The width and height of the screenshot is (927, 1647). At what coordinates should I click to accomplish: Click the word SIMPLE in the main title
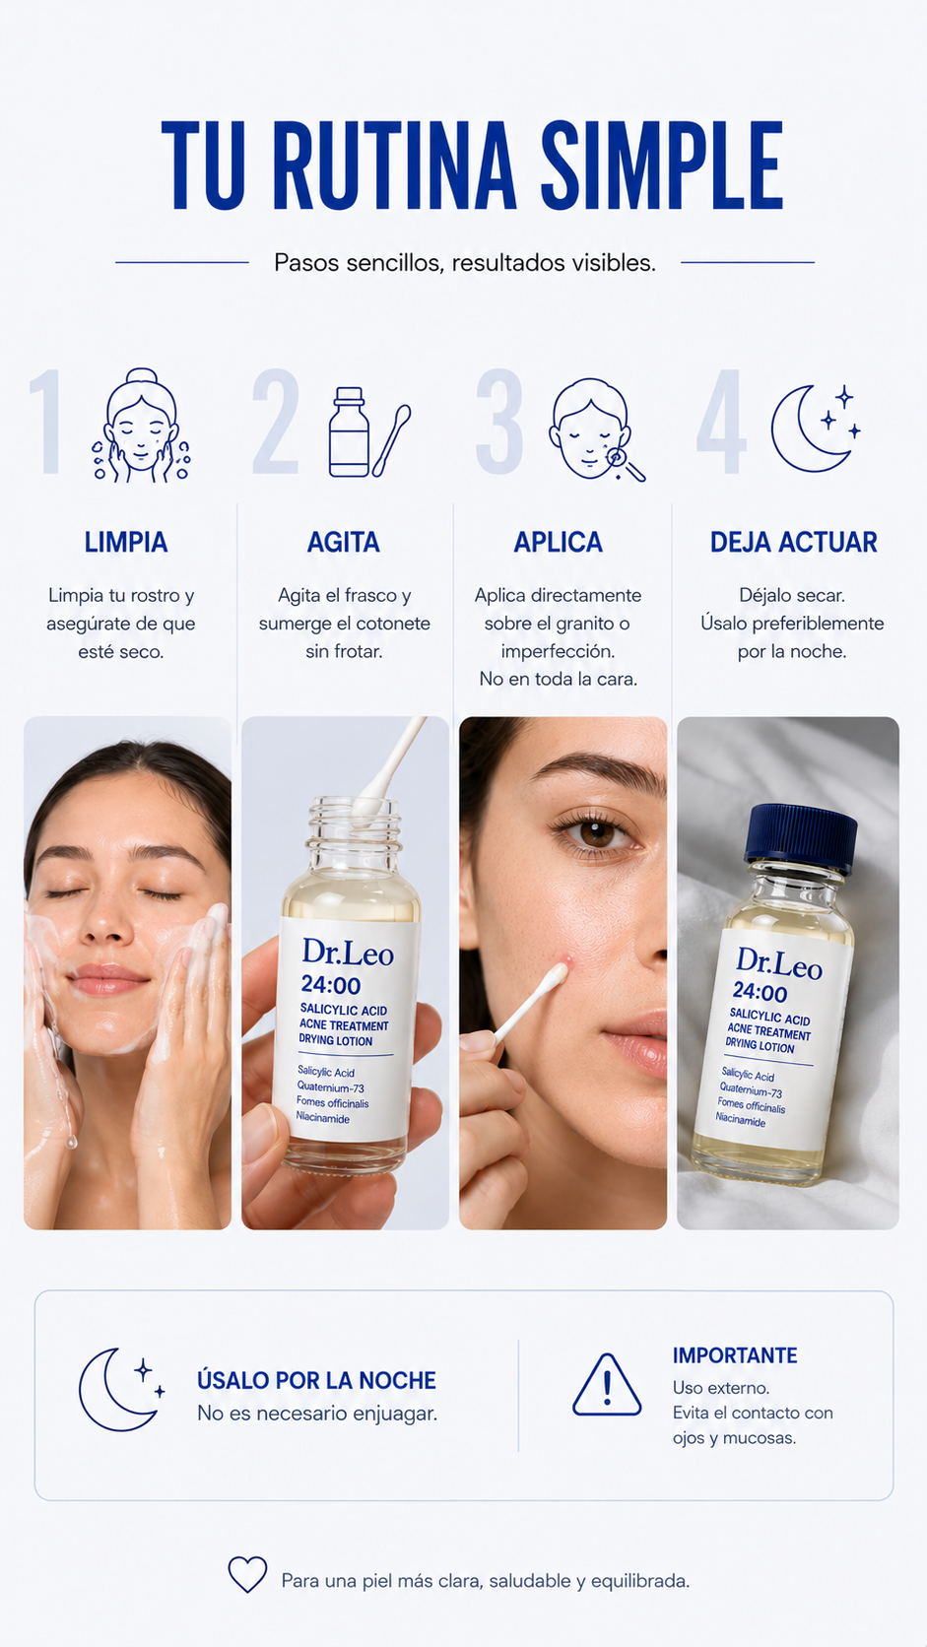tap(662, 166)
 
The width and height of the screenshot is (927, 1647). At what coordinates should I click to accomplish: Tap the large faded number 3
tap(499, 422)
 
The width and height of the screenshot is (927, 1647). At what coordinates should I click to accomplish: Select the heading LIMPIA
tap(126, 543)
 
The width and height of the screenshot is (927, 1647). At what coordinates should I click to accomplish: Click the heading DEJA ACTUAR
tap(793, 543)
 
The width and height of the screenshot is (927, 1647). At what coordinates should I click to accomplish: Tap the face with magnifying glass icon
tap(596, 430)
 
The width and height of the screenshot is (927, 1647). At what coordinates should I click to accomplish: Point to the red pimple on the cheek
tap(567, 959)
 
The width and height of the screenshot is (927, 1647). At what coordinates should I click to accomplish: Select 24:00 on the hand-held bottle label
tap(331, 985)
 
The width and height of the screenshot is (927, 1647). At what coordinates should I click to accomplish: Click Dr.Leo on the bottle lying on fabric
tap(779, 963)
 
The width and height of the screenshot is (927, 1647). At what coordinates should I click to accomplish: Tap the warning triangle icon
tap(607, 1385)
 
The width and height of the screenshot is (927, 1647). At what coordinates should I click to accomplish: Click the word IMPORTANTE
tap(734, 1355)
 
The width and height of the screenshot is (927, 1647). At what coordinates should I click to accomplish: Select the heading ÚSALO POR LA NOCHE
tap(316, 1380)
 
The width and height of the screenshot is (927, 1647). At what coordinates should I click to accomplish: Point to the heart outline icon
tap(247, 1574)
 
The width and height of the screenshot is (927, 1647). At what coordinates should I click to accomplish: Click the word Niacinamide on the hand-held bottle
tap(323, 1118)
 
